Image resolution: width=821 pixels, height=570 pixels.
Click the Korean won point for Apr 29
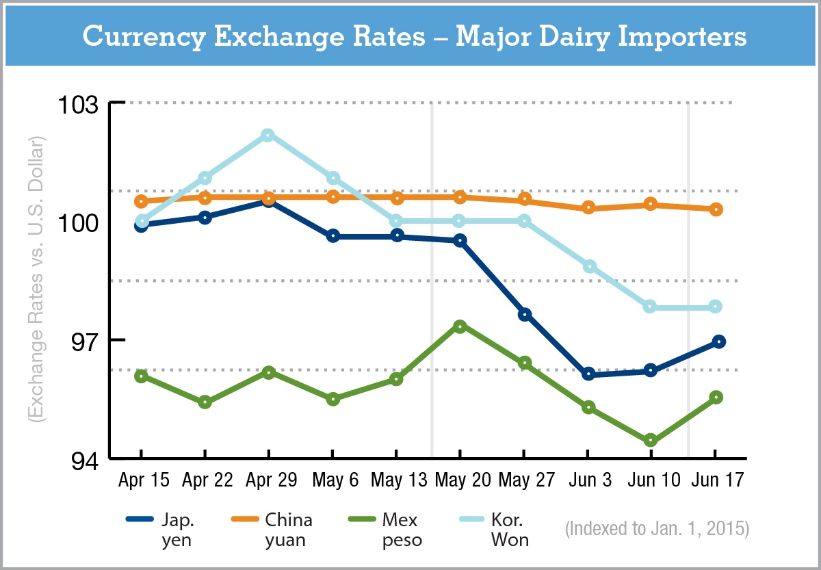[x=268, y=135]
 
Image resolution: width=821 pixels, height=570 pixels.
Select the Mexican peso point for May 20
[x=460, y=326]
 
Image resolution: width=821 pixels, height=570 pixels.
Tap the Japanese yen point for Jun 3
[x=588, y=374]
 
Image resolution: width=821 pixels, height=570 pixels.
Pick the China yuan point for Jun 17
[x=716, y=209]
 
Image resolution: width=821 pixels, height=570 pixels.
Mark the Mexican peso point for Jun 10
[x=651, y=440]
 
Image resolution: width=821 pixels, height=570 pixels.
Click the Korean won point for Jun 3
[x=588, y=266]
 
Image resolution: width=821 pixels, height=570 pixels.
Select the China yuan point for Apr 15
[x=142, y=201]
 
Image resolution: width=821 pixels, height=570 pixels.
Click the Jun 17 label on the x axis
[x=715, y=480]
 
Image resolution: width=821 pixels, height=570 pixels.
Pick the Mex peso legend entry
[x=402, y=530]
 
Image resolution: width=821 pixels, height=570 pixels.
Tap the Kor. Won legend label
[x=512, y=530]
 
